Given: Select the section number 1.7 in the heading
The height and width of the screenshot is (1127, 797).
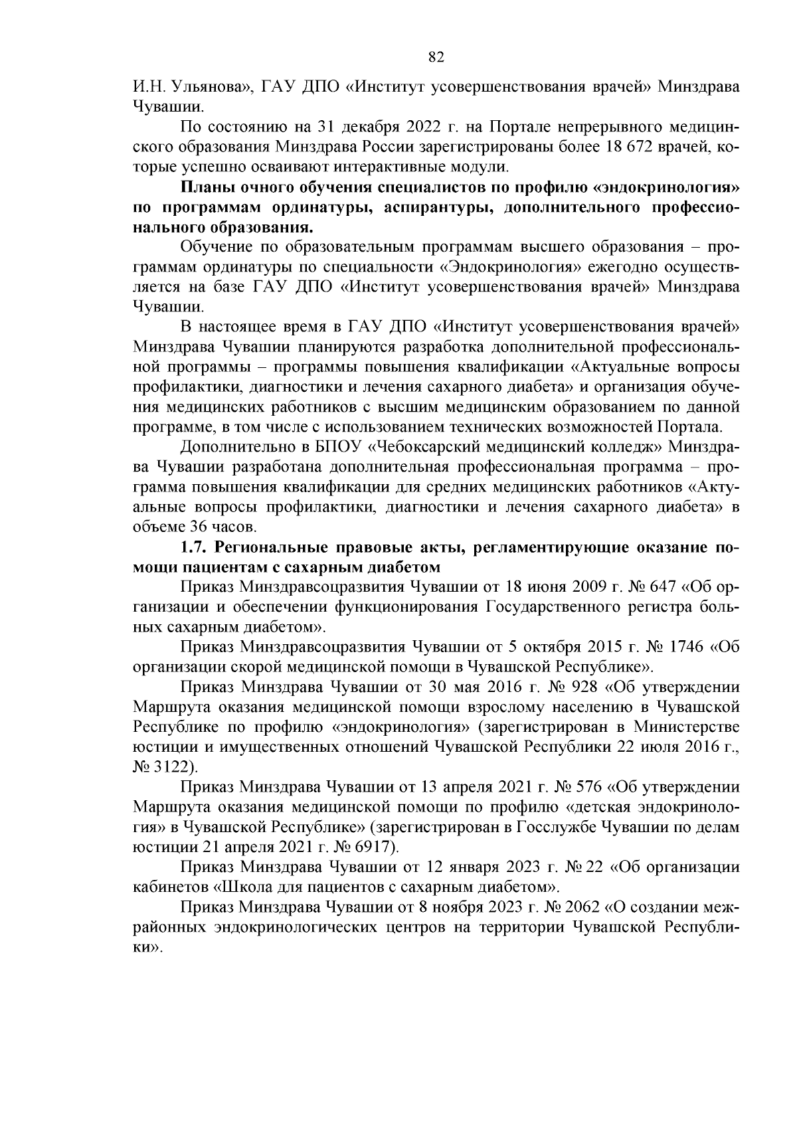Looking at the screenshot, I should [193, 549].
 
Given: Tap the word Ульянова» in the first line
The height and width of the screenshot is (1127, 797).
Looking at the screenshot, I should [209, 86].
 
